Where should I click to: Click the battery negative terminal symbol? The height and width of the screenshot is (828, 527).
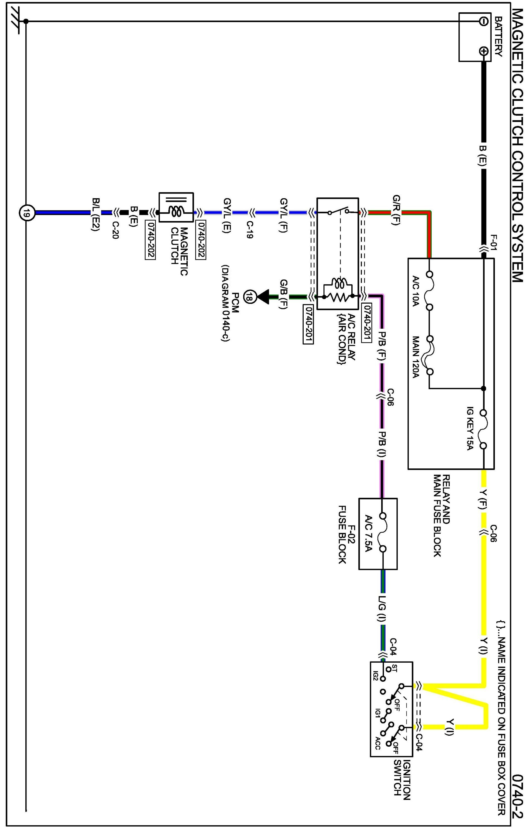click(483, 21)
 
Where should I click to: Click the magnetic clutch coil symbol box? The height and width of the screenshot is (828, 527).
click(176, 212)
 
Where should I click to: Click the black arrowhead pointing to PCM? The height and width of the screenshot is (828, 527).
click(263, 296)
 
